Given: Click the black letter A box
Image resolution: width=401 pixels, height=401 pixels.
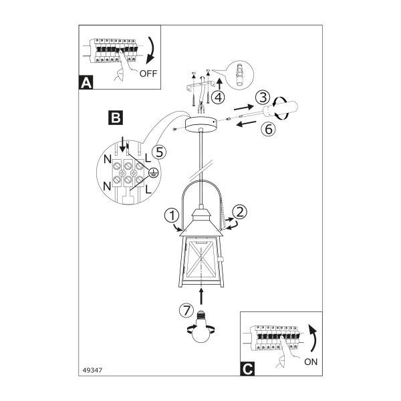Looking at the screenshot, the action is tap(86, 82).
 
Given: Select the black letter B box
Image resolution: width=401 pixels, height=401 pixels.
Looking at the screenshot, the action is tap(116, 118).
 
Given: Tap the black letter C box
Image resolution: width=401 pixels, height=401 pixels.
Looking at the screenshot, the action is tap(247, 369).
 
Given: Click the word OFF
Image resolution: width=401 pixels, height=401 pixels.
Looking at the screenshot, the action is tap(148, 74).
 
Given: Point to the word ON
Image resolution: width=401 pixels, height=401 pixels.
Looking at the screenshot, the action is tap(311, 362).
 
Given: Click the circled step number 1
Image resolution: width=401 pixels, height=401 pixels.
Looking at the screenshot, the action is tap(172, 215).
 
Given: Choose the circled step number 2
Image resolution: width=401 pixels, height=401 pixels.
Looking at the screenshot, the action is tap(240, 212).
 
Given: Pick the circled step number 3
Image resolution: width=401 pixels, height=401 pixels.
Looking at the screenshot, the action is tap(263, 98).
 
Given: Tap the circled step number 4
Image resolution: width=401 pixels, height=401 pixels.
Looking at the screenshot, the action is tap(218, 97).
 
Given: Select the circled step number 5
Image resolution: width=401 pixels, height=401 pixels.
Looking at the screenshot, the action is tap(159, 152).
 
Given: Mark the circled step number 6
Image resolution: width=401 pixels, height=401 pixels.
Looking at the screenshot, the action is tap(268, 128).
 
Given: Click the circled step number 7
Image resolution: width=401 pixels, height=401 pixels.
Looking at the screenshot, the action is tap(186, 311).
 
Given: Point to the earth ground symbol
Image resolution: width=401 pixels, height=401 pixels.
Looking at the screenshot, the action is tap(153, 173).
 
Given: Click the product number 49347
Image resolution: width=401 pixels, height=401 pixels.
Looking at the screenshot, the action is tap(92, 370).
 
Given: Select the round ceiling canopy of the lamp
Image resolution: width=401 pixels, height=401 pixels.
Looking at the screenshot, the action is tap(202, 124).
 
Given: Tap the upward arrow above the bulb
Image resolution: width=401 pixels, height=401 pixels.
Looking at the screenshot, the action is tap(202, 296).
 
